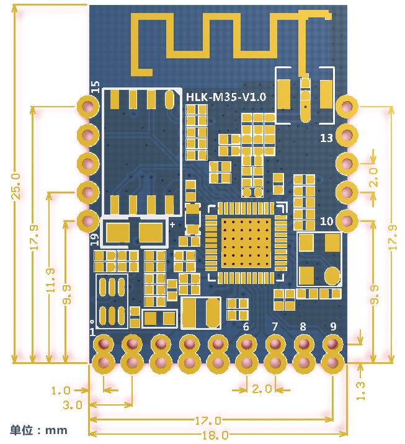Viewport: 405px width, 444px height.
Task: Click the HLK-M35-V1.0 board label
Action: pyautogui.click(x=226, y=97)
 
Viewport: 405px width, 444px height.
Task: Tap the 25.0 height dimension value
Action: pyautogui.click(x=16, y=187)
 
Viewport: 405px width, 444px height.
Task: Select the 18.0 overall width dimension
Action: pyautogui.click(x=216, y=435)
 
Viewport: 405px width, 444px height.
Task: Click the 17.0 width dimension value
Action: pyautogui.click(x=208, y=421)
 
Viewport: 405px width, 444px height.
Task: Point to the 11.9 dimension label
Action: pyautogui.click(x=50, y=280)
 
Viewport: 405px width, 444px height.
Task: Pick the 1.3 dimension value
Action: pyautogui.click(x=360, y=391)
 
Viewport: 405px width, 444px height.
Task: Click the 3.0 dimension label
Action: pyautogui.click(x=73, y=405)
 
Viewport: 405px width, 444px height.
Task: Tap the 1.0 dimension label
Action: pyautogui.click(x=61, y=391)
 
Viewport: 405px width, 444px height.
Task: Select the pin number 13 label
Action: pyautogui.click(x=326, y=138)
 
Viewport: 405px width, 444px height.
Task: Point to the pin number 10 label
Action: pyautogui.click(x=327, y=221)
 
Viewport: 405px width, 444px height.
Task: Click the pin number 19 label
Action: pyautogui.click(x=95, y=239)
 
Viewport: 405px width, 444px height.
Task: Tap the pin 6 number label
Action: pyautogui.click(x=246, y=327)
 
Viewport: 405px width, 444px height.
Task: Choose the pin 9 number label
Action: pyautogui.click(x=333, y=327)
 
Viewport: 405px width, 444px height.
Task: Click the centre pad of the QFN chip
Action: pyautogui.click(x=246, y=242)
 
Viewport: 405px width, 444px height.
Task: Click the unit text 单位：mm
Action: pyautogui.click(x=39, y=430)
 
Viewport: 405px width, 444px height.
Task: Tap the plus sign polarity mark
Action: pyautogui.click(x=172, y=224)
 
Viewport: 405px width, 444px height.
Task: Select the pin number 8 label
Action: pyautogui.click(x=303, y=327)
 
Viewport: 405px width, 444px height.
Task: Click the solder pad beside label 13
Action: pyautogui.click(x=347, y=135)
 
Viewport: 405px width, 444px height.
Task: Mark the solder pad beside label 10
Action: pyautogui.click(x=347, y=221)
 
